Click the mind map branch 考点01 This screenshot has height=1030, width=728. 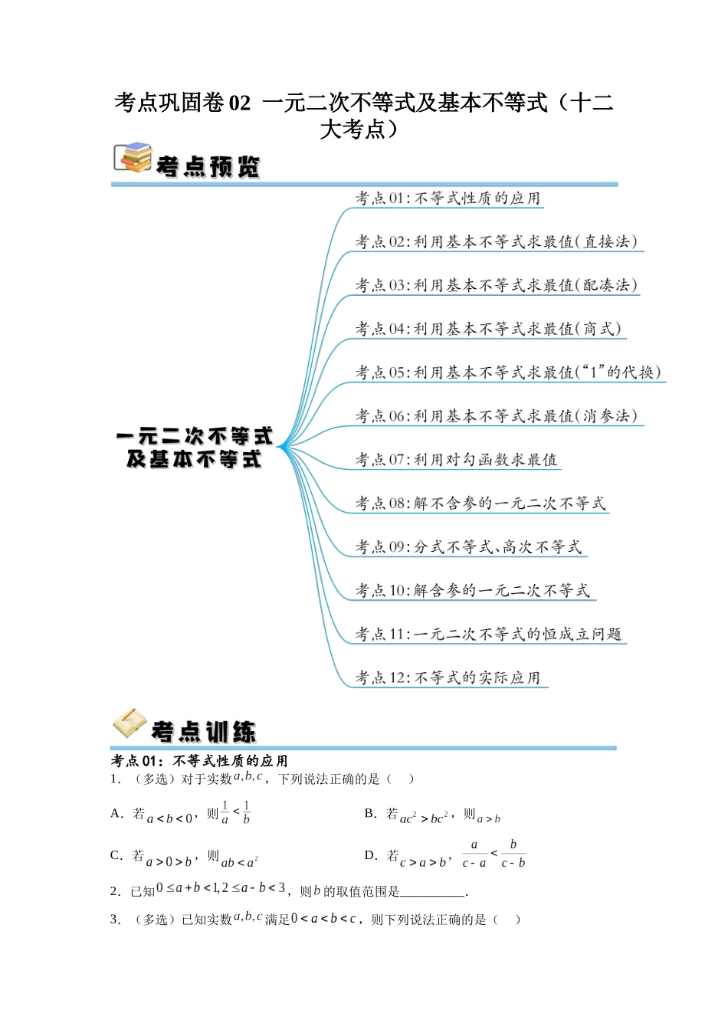point(448,198)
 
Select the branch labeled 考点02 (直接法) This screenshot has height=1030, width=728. point(496,242)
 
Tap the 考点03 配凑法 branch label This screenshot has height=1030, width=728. point(496,286)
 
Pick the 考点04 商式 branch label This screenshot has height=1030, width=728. point(488,330)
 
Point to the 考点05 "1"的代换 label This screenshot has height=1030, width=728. point(507,373)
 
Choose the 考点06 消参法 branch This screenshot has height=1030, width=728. point(496,417)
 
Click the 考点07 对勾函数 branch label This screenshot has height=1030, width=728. point(456,461)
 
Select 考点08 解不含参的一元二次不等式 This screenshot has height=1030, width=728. point(480,504)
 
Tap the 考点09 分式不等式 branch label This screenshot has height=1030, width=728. point(468,548)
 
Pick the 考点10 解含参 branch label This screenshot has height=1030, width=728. point(472,592)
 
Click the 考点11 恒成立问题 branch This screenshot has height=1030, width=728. point(488,635)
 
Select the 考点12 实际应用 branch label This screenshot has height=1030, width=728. point(448,679)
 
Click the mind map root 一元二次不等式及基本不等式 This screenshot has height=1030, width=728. point(195,448)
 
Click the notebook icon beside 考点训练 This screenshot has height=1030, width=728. point(130,723)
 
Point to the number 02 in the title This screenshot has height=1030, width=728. point(240,103)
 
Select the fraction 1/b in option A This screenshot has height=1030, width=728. point(246,812)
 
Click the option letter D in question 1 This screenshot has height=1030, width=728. point(370,855)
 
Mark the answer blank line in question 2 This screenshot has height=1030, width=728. point(433,893)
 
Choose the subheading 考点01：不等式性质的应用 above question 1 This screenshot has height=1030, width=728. point(199,761)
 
